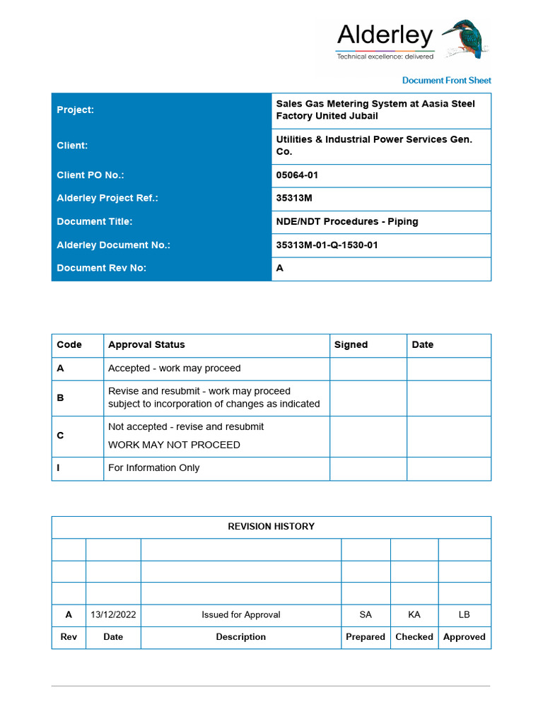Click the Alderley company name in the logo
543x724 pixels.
[x=385, y=35]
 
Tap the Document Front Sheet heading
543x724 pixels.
[x=446, y=81]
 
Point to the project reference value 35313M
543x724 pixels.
[x=294, y=199]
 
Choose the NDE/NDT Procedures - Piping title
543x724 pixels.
[x=346, y=222]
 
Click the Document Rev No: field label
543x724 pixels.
[x=101, y=269]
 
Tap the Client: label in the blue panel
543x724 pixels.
[x=72, y=146]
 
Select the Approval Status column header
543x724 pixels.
[x=146, y=345]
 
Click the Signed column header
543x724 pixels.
[x=351, y=345]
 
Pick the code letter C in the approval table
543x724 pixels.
[x=60, y=436]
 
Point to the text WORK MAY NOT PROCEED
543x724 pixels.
[x=174, y=445]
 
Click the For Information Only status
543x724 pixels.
[x=153, y=468]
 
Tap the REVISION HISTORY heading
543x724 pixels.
[x=271, y=527]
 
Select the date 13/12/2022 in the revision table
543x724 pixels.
[x=113, y=615]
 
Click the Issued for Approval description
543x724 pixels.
[x=240, y=615]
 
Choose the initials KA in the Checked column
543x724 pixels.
[x=414, y=615]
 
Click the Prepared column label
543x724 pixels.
[x=366, y=637]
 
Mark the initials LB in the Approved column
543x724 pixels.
[x=464, y=615]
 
